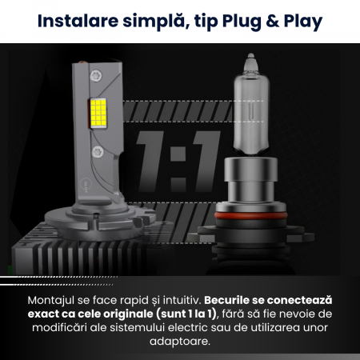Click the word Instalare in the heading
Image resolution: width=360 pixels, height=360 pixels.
[x=78, y=21]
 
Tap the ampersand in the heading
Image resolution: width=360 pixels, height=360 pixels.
[x=272, y=21]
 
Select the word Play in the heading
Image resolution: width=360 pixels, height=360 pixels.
[x=303, y=22]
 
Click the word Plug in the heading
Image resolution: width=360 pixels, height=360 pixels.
[x=242, y=22]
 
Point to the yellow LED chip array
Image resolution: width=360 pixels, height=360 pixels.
[x=98, y=113]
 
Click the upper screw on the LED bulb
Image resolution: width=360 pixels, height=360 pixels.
[x=96, y=75]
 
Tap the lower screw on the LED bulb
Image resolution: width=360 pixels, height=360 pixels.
[x=98, y=152]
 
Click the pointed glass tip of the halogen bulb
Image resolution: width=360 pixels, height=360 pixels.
[x=250, y=56]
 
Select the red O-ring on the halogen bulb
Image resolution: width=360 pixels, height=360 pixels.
[x=250, y=215]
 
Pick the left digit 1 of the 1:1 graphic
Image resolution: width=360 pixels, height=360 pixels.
[x=150, y=162]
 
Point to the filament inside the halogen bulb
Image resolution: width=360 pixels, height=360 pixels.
[x=250, y=111]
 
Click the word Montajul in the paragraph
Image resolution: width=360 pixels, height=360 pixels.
[x=51, y=301]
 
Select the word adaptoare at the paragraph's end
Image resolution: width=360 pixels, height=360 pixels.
[x=180, y=342]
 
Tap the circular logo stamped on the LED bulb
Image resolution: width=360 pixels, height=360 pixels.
[x=86, y=184]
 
